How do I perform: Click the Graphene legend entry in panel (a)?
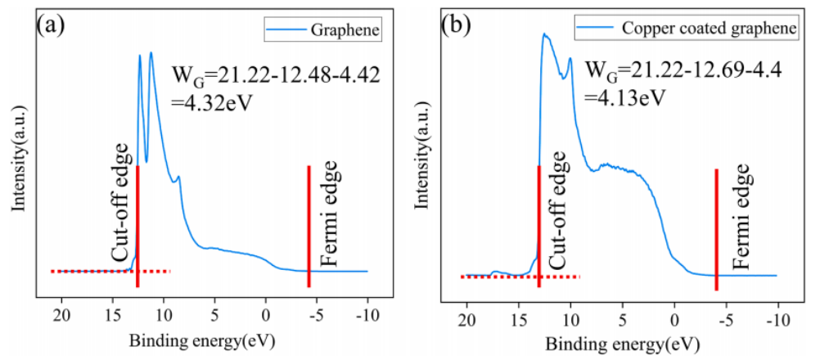coord(337,31)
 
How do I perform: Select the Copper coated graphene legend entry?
coord(686,29)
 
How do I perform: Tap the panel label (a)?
coord(51,25)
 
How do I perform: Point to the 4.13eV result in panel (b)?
coord(621,97)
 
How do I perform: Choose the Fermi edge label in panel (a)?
coord(328,216)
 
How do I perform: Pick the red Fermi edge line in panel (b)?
coord(717,229)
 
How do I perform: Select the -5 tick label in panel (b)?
coord(724,318)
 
